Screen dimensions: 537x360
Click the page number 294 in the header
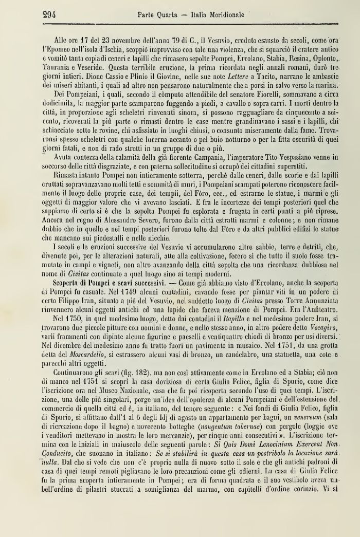pos(48,14)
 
